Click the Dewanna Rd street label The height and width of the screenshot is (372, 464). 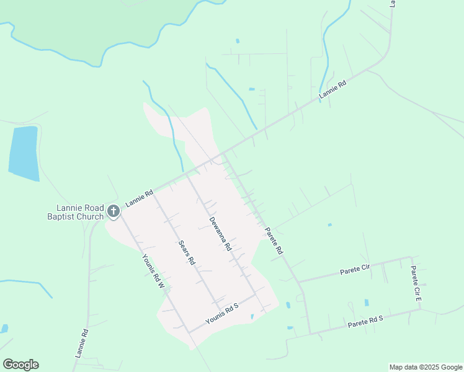click(220, 234)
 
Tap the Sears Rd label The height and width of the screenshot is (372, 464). click(187, 253)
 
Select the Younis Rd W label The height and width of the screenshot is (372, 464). click(152, 272)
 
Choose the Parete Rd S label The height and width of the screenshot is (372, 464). click(366, 322)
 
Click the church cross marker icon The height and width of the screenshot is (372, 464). click(113, 211)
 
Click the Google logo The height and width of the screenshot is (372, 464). click(20, 364)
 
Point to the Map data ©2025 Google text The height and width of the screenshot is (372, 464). click(425, 367)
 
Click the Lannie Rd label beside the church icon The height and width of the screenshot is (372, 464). click(139, 198)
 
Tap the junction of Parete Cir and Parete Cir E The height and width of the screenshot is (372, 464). click(410, 257)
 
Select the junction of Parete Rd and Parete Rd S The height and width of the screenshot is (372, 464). click(311, 334)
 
